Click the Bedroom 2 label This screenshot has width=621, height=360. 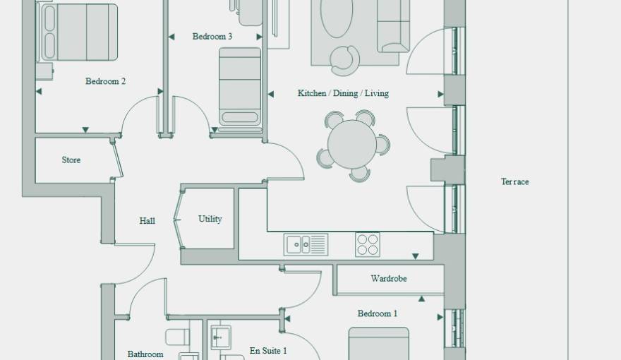105,81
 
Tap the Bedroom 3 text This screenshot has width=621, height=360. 212,37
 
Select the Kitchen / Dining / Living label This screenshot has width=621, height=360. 343,93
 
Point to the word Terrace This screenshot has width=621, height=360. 514,182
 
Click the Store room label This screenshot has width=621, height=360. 71,160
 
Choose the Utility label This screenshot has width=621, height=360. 210,219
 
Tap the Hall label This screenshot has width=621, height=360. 147,221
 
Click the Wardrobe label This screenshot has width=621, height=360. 389,278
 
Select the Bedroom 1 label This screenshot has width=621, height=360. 378,313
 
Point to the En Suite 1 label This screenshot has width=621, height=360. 268,351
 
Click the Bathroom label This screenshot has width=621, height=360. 145,354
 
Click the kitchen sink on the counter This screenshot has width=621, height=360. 306,244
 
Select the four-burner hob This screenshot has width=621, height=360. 368,244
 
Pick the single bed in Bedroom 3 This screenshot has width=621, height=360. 240,86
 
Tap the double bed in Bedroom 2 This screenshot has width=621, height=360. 77,32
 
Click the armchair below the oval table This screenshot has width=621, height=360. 345,61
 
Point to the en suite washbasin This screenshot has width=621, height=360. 221,337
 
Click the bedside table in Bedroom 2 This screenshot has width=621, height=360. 44,71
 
